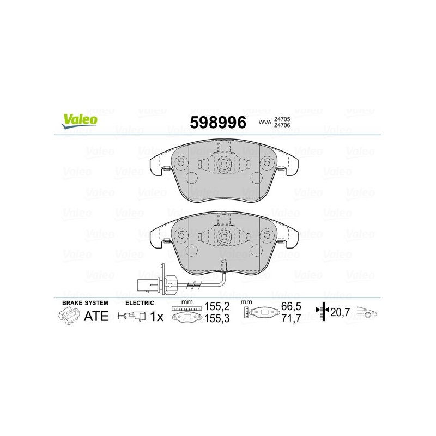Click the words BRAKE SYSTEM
(85, 302)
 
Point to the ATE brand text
(96, 316)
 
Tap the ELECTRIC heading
(140, 302)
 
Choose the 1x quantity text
(157, 316)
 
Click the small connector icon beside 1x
(133, 316)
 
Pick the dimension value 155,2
(216, 307)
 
